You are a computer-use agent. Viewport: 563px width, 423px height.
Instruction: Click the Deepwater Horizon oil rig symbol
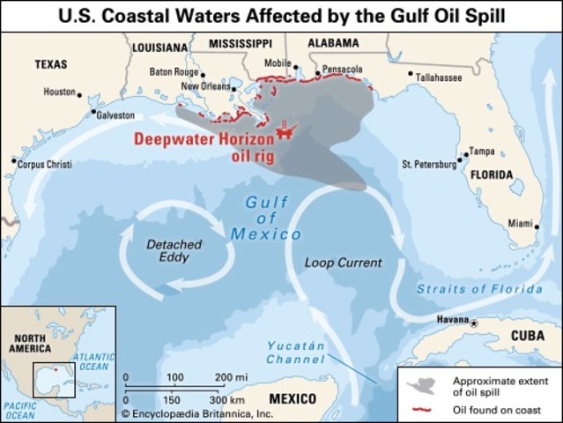[284, 129]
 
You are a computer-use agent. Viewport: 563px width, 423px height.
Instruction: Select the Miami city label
[521, 224]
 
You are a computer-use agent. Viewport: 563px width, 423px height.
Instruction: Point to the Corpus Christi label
[44, 165]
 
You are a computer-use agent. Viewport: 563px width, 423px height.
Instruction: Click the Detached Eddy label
[173, 250]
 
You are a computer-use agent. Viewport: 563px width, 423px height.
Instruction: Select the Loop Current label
[343, 263]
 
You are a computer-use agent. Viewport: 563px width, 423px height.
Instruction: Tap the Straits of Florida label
[479, 289]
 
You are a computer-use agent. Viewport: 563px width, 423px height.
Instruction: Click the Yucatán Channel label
[296, 352]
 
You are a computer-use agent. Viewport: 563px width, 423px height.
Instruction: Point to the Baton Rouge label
[174, 71]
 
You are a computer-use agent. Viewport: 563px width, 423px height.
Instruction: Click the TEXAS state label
[50, 64]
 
